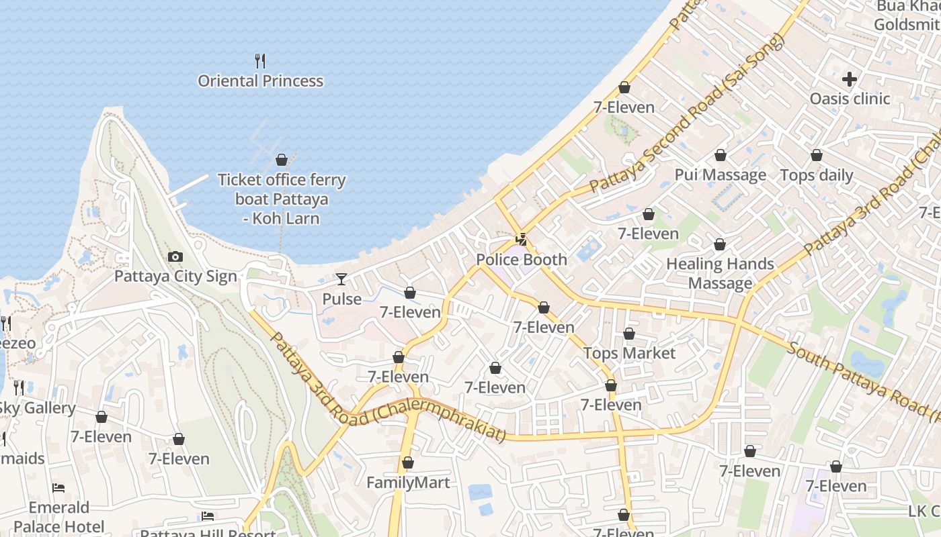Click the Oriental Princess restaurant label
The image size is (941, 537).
pos(260,81)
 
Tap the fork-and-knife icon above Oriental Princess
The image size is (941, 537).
pos(260,61)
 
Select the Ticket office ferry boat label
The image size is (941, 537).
pos(282,199)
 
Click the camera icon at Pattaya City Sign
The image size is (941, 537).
pos(175,256)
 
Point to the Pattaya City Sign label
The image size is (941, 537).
pos(175,277)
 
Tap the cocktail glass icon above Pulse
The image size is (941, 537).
pos(341,279)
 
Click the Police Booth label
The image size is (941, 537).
pos(522,260)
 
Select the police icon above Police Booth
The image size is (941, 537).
pos(521,239)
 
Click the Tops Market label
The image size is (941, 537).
pos(629,353)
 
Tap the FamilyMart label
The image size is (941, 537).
pos(408,483)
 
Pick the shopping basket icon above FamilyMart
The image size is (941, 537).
pos(407,462)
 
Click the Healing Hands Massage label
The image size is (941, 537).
pos(720,273)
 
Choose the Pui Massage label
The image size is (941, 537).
pos(721,175)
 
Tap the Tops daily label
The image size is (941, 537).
pos(816,176)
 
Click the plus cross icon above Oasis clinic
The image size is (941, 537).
pos(850,79)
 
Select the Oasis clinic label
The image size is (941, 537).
pos(850,99)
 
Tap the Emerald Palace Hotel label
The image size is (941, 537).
pos(59,517)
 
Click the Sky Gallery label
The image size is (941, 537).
pos(38,408)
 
